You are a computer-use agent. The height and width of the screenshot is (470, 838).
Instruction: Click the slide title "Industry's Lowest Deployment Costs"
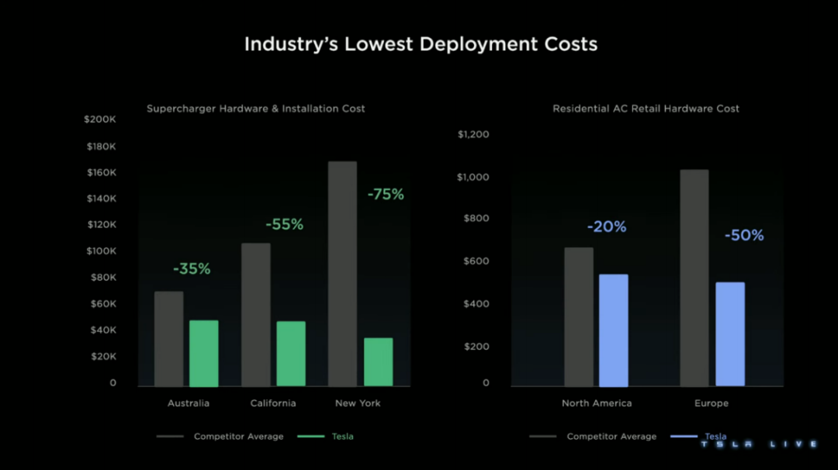coord(421,44)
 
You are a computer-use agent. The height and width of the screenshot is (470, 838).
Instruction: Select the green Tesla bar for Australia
coord(204,353)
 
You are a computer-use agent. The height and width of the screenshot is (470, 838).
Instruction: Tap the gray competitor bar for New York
coord(342,273)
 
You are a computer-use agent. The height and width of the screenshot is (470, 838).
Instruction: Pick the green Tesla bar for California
coord(291,354)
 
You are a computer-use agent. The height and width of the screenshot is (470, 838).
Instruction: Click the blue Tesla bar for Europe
coord(730,333)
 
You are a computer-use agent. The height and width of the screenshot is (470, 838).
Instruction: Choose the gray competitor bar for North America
coord(579,316)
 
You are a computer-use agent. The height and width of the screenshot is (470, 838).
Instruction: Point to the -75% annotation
coord(386,195)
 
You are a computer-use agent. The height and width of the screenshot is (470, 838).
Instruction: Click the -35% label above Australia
coord(192,269)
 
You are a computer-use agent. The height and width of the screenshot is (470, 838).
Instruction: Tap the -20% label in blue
coord(607,227)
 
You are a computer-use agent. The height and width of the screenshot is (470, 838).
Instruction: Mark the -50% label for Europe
coord(744,235)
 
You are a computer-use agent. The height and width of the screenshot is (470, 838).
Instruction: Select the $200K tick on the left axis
coord(100,119)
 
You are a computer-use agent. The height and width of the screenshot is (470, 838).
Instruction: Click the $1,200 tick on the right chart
coord(473,134)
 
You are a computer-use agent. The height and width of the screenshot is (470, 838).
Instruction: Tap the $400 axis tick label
coord(476,303)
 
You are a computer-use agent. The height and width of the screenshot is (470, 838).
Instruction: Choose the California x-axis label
coord(273,403)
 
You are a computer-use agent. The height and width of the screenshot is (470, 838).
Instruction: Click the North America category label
coord(597,403)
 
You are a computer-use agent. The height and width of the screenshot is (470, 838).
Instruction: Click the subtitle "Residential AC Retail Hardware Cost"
coord(646,109)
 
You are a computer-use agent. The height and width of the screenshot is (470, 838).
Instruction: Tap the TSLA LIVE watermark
coord(759,444)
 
